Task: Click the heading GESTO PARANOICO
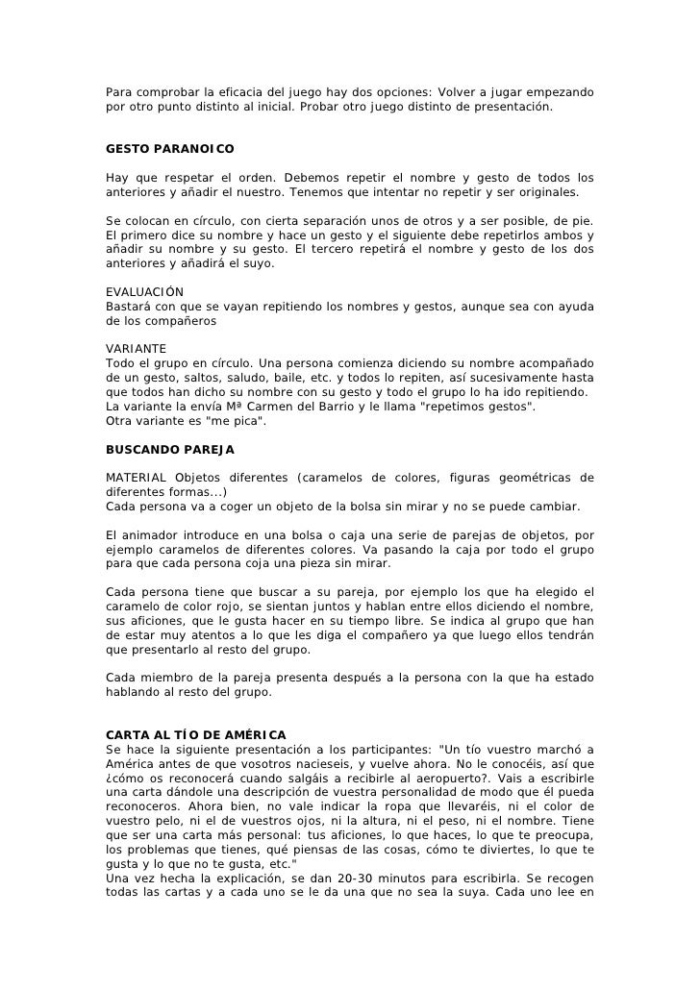(x=169, y=150)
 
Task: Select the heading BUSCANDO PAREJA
(x=169, y=449)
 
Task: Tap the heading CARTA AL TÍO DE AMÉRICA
(x=195, y=735)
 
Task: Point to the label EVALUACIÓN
(x=144, y=292)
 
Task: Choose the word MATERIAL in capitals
(x=137, y=478)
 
